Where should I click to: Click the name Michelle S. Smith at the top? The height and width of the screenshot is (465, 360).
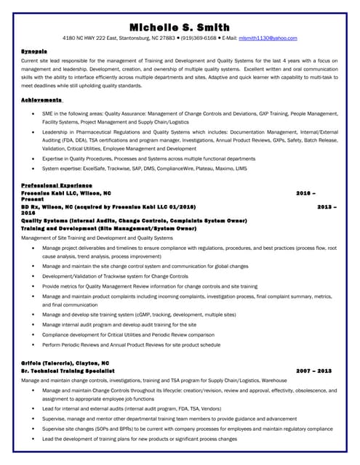[x=180, y=27]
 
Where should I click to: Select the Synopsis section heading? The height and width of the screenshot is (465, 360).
[x=34, y=52]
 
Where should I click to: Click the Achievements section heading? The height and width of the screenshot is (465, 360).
[x=41, y=99]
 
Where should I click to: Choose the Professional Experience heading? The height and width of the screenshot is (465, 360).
[x=57, y=186]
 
